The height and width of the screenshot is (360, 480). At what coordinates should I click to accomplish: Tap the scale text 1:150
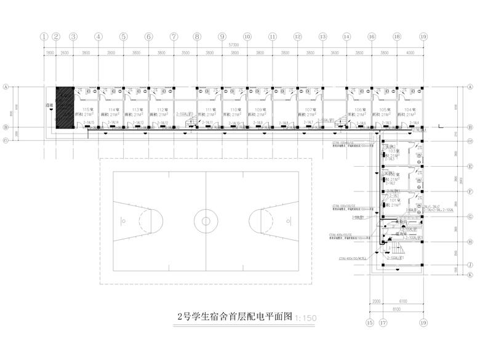point(306,318)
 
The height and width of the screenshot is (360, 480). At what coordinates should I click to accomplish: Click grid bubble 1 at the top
point(44,37)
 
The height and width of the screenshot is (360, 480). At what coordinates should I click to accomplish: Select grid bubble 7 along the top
point(174,37)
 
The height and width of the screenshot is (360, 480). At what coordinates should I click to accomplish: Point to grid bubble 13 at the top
point(322,37)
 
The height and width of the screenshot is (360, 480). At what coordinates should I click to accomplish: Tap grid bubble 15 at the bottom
point(370,322)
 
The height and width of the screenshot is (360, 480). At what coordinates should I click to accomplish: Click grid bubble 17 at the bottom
point(383,322)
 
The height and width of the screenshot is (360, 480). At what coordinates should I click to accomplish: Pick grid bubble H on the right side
point(470,242)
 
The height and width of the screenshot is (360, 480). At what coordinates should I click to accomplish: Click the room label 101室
point(393,199)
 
